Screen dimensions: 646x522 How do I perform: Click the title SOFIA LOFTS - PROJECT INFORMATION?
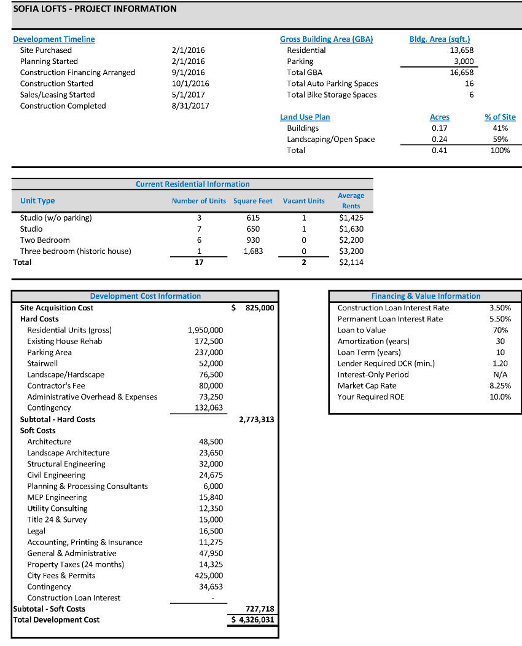click(95, 9)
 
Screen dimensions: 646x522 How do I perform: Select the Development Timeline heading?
click(54, 39)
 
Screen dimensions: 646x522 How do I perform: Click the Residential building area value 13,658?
click(461, 50)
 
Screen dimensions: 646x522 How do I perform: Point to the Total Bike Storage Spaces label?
click(332, 95)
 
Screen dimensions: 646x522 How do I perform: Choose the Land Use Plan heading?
click(305, 117)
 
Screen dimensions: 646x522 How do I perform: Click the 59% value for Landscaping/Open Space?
click(500, 139)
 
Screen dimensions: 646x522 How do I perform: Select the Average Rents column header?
click(351, 200)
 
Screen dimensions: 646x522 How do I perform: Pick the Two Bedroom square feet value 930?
click(252, 240)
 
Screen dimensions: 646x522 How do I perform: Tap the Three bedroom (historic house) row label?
click(76, 251)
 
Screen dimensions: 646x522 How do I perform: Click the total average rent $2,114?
click(351, 262)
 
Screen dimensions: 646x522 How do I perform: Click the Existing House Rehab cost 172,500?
click(209, 341)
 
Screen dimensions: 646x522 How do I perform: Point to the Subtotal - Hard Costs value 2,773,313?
click(256, 419)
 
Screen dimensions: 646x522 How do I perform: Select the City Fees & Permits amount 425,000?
click(209, 575)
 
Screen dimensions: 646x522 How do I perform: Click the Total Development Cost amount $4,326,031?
click(252, 620)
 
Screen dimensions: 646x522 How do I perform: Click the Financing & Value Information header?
click(426, 296)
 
